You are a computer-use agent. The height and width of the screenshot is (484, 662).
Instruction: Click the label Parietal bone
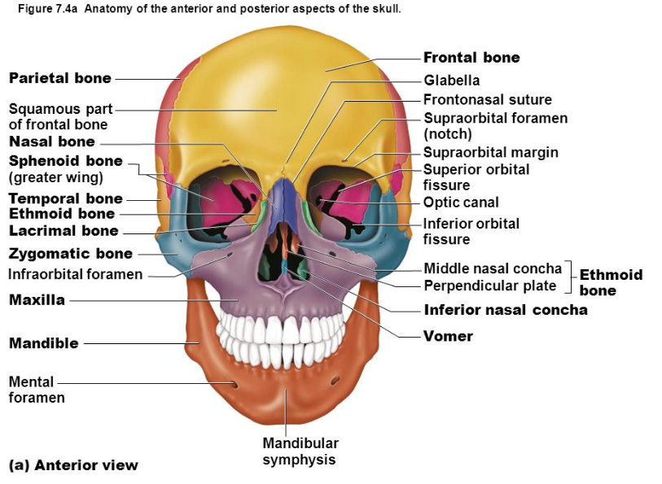click(x=60, y=78)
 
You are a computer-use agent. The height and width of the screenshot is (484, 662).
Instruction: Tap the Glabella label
click(x=452, y=80)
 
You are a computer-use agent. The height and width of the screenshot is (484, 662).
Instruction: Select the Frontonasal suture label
click(x=487, y=99)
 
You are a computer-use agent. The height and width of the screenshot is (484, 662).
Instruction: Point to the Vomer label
click(x=448, y=336)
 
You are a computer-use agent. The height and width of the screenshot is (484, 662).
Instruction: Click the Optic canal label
click(x=461, y=203)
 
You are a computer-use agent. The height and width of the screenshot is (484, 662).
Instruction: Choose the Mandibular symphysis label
click(x=300, y=451)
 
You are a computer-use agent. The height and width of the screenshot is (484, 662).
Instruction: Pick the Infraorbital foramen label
click(x=75, y=274)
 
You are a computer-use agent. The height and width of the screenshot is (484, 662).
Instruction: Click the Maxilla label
click(x=37, y=300)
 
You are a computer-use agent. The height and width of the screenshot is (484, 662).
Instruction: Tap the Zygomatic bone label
click(x=70, y=254)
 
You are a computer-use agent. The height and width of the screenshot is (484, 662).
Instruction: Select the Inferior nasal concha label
click(x=505, y=310)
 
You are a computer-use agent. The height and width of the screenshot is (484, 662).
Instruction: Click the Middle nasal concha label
click(x=492, y=268)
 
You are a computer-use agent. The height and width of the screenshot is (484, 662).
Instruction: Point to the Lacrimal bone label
click(x=64, y=231)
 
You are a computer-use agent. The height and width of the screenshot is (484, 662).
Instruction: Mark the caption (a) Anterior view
click(x=73, y=465)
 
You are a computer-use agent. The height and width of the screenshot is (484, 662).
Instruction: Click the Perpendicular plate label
click(x=489, y=286)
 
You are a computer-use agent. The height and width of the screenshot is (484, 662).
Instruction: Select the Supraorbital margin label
click(x=490, y=152)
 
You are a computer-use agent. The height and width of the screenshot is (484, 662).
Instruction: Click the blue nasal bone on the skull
click(x=281, y=194)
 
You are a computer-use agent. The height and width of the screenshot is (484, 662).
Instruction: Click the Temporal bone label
click(x=65, y=198)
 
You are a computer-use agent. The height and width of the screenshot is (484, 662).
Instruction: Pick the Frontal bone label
click(x=471, y=57)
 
